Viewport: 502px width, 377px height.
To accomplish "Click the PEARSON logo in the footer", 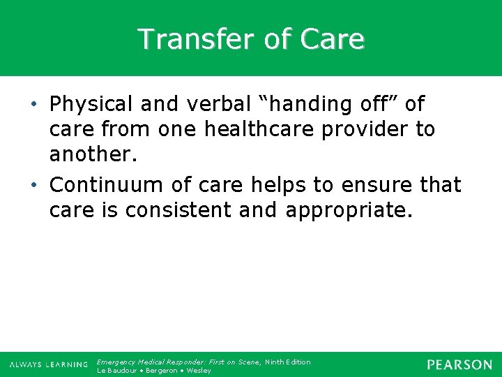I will pyautogui.click(x=459, y=364).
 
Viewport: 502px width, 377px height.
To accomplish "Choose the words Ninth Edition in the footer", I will pyautogui.click(x=287, y=362).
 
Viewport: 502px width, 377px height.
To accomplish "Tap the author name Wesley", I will pyautogui.click(x=198, y=371).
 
